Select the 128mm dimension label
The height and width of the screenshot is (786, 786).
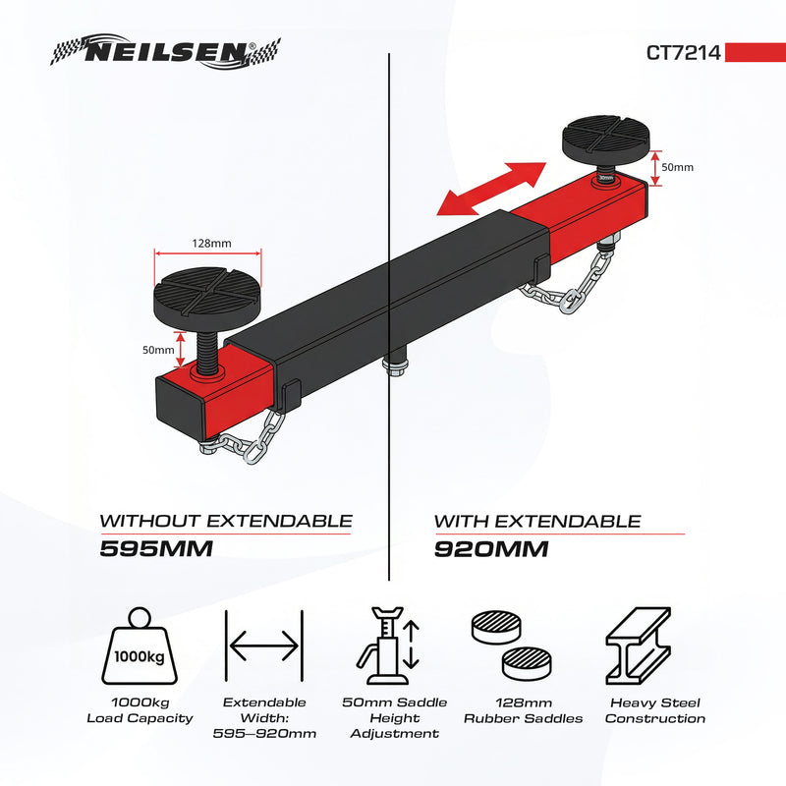(x=207, y=243)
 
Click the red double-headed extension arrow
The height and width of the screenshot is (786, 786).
(x=490, y=189)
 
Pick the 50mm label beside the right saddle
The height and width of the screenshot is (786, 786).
(x=677, y=167)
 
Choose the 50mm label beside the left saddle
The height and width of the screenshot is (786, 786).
(x=157, y=350)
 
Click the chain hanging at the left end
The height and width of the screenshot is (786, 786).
(x=250, y=441)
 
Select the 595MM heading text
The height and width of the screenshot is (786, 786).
(x=157, y=548)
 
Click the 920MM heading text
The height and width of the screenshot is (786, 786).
(x=490, y=548)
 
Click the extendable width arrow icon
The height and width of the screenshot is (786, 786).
(x=263, y=646)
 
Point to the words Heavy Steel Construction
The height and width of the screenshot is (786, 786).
(x=654, y=710)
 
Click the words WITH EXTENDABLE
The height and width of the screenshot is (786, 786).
(x=537, y=521)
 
